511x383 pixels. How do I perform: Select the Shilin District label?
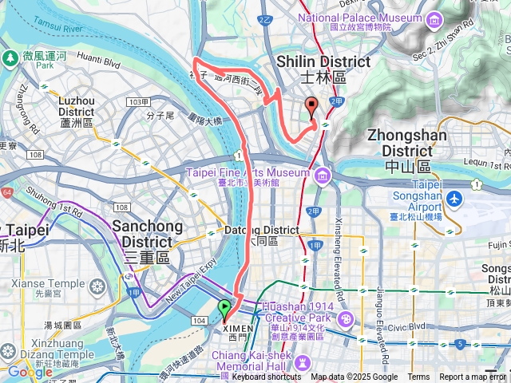(323, 69)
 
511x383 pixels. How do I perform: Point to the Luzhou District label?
(77, 112)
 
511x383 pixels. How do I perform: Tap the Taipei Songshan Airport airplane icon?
(455, 198)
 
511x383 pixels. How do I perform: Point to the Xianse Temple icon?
(97, 286)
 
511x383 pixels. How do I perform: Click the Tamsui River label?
(57, 30)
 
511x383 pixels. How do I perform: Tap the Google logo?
(30, 372)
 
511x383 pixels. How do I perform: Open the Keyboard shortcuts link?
(267, 377)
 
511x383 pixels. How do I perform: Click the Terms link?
(418, 377)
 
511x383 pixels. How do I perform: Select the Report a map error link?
(473, 377)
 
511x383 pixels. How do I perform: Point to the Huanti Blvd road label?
(99, 58)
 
